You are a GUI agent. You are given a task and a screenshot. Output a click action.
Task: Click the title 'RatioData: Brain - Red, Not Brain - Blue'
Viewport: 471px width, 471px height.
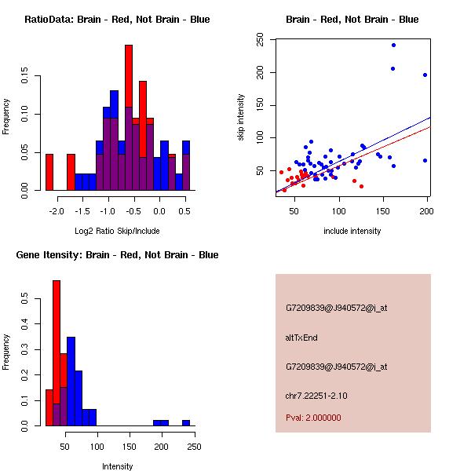coord(117,20)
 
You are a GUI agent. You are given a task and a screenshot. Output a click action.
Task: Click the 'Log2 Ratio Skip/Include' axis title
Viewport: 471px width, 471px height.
coord(117,231)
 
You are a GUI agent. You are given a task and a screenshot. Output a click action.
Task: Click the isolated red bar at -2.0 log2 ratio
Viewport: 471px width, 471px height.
coord(49,172)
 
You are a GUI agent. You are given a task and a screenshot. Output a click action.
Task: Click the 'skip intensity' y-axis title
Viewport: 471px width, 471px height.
coord(242,118)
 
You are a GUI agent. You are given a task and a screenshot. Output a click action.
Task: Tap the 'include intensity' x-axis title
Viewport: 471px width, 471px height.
coord(352,231)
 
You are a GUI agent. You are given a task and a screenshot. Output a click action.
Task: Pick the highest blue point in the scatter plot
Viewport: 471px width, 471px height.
coord(393,45)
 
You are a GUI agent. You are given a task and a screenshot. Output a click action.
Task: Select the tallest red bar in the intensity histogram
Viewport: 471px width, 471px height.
coord(57,353)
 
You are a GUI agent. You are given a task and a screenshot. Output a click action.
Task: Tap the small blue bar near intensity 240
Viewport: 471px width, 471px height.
coord(186,423)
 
